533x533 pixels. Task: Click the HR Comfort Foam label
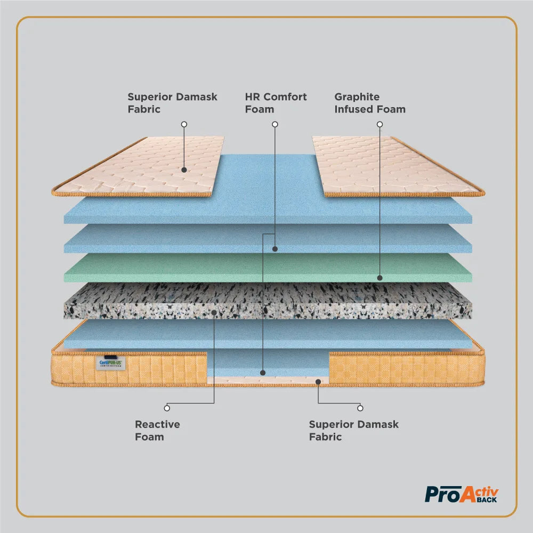pyautogui.click(x=276, y=103)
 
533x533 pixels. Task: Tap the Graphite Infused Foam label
pyautogui.click(x=370, y=103)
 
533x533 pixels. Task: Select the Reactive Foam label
pyautogui.click(x=157, y=431)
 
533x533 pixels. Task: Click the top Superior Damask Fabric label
pyautogui.click(x=172, y=103)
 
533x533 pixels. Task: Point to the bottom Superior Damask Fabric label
pyautogui.click(x=353, y=431)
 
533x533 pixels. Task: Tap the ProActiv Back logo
pyautogui.click(x=462, y=494)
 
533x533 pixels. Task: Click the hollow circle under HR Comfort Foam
pyautogui.click(x=275, y=124)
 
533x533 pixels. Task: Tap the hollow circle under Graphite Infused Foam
pyautogui.click(x=380, y=124)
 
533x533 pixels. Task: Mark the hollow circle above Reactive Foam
pyautogui.click(x=167, y=408)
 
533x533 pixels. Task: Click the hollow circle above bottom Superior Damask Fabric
pyautogui.click(x=360, y=408)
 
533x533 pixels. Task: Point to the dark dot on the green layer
pyautogui.click(x=380, y=278)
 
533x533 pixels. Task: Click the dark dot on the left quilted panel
pyautogui.click(x=184, y=170)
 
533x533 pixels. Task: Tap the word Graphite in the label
pyautogui.click(x=357, y=97)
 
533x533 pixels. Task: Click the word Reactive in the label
pyautogui.click(x=157, y=425)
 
